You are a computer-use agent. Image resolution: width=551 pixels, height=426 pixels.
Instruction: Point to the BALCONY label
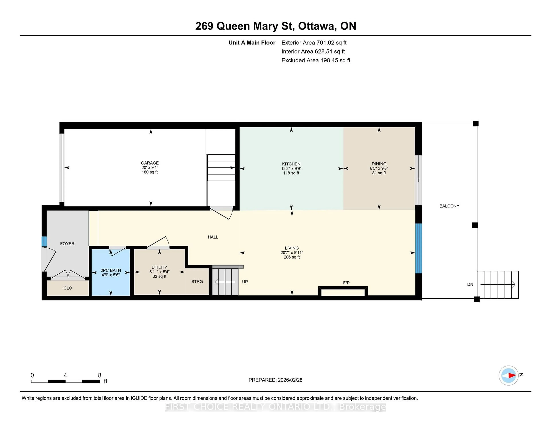tap(449, 206)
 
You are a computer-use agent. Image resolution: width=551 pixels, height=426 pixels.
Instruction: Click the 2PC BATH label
tap(111, 270)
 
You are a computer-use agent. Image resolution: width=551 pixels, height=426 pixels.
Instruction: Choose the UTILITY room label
tap(159, 267)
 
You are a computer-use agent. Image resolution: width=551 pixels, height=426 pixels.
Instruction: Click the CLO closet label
tap(68, 288)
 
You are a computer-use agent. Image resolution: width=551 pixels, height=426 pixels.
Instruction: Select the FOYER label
tap(67, 244)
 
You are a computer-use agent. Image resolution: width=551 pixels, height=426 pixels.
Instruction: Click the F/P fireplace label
tap(346, 283)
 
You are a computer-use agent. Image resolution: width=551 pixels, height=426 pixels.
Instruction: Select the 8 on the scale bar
tap(100, 375)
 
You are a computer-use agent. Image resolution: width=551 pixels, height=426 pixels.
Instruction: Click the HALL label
tap(213, 237)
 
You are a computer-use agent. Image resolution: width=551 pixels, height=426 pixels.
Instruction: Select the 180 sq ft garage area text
tap(150, 172)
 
